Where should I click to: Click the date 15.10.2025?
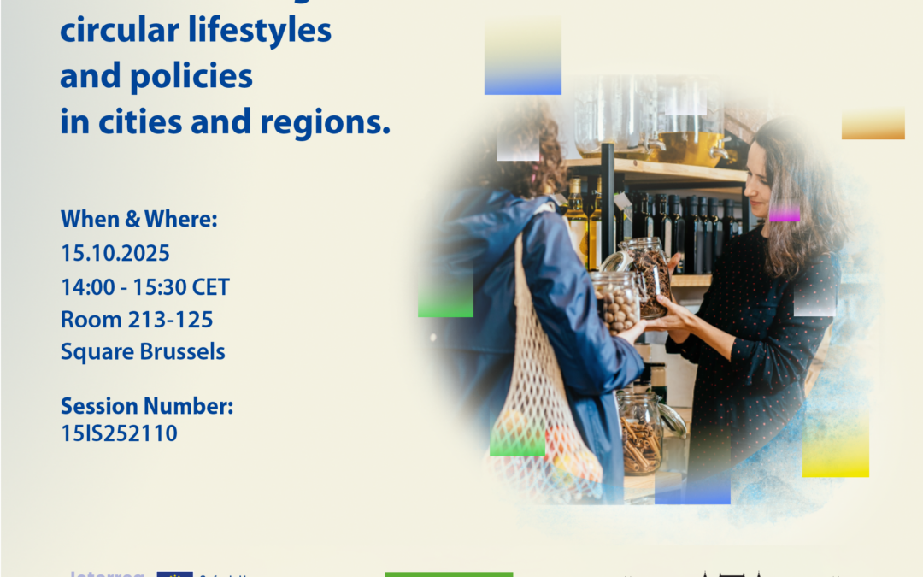(115, 254)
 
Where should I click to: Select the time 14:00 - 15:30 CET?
(144, 286)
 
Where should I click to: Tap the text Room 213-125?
(137, 320)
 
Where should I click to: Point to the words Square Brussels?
(143, 351)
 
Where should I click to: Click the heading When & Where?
(139, 219)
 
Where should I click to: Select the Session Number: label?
(147, 407)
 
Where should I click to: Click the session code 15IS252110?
(119, 433)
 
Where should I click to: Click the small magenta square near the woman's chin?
(784, 212)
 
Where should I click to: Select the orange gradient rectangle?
(873, 124)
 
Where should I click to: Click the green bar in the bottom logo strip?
(449, 574)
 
